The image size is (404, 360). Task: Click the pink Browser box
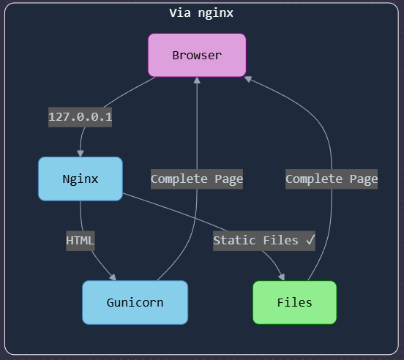tap(197, 55)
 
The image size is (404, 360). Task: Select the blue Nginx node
tap(81, 179)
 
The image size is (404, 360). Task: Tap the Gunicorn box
tap(135, 302)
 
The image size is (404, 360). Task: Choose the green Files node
tap(294, 302)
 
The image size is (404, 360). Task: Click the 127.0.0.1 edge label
tap(80, 117)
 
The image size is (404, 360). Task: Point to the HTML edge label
tap(81, 241)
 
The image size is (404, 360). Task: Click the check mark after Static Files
tap(310, 240)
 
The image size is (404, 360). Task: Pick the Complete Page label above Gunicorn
tap(197, 179)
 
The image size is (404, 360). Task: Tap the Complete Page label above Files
tap(332, 179)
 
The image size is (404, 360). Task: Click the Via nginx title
tap(201, 13)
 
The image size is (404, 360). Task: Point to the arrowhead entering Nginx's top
tap(81, 153)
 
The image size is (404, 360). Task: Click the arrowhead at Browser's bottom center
tap(197, 80)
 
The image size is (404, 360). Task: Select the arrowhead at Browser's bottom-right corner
tap(248, 79)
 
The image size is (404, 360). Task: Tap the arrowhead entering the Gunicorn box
tap(113, 277)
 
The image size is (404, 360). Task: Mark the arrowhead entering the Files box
tap(282, 277)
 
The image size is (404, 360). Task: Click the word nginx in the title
tap(216, 13)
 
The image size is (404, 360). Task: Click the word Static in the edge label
tap(234, 240)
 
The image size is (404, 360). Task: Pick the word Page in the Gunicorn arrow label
tap(229, 179)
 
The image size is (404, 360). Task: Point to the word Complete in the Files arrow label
tap(314, 179)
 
